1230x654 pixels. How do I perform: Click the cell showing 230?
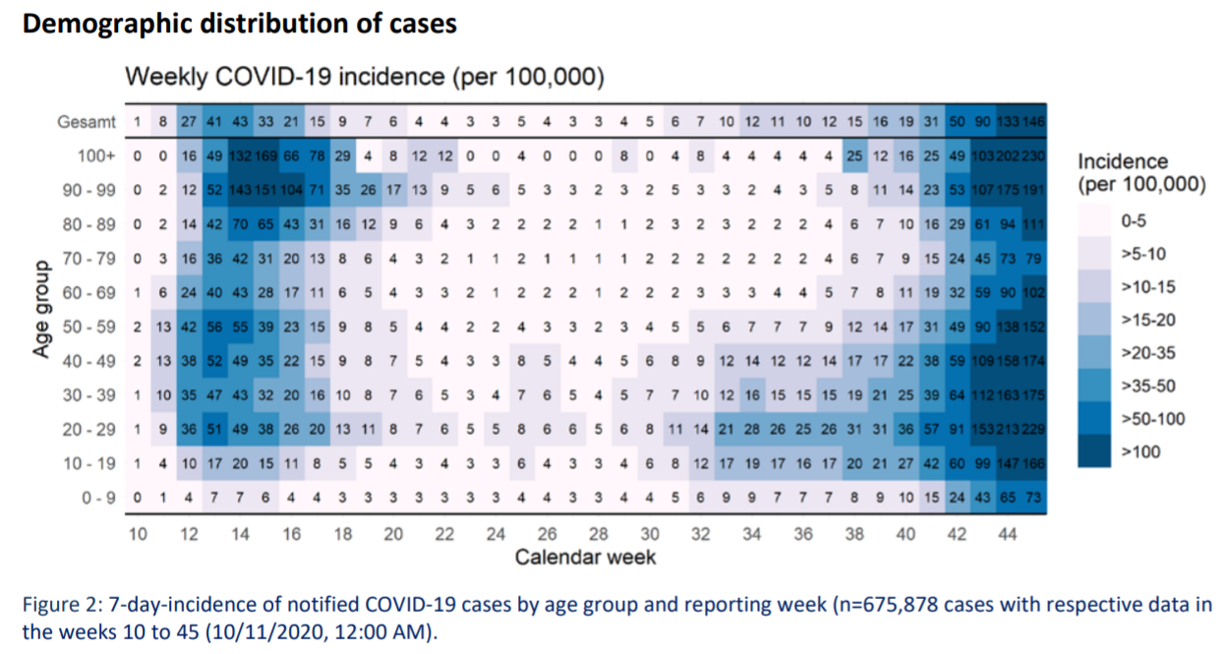tap(1031, 155)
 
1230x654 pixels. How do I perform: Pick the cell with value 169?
tap(265, 155)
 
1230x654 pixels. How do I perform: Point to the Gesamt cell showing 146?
tap(1031, 122)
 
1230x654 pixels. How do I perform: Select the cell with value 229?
tap(1031, 430)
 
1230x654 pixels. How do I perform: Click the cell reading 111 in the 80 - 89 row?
tap(1031, 224)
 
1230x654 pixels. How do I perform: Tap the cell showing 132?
tap(240, 155)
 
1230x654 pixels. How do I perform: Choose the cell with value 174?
tap(1031, 361)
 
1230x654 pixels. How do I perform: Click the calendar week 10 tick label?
tap(138, 534)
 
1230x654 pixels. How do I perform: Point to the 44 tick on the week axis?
tap(1007, 534)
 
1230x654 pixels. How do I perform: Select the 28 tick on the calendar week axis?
tap(598, 534)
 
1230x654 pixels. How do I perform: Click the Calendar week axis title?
tap(585, 558)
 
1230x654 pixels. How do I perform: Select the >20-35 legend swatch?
tap(1096, 352)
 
